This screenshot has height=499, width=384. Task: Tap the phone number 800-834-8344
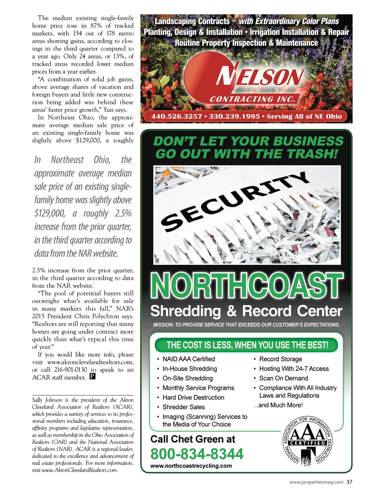tap(197, 454)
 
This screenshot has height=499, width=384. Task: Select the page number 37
tap(349, 482)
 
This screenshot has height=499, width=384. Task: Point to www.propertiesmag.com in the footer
tap(316, 482)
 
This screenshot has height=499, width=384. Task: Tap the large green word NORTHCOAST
tap(246, 286)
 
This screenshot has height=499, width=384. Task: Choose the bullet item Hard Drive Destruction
tap(193, 397)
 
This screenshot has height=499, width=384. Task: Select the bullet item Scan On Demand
tap(283, 378)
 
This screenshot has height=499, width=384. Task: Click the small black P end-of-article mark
tap(92, 377)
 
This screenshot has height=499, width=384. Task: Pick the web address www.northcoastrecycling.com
tap(191, 466)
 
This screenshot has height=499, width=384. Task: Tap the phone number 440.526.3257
tap(176, 117)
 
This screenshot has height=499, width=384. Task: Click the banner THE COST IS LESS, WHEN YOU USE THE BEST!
tap(247, 345)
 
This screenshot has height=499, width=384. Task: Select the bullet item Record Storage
tap(280, 359)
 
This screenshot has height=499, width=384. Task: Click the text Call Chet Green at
tap(193, 439)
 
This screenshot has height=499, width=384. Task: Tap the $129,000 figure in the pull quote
tap(49, 213)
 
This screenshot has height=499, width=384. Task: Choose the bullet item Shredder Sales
tap(183, 407)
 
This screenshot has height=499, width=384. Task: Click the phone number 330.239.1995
tap(234, 117)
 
